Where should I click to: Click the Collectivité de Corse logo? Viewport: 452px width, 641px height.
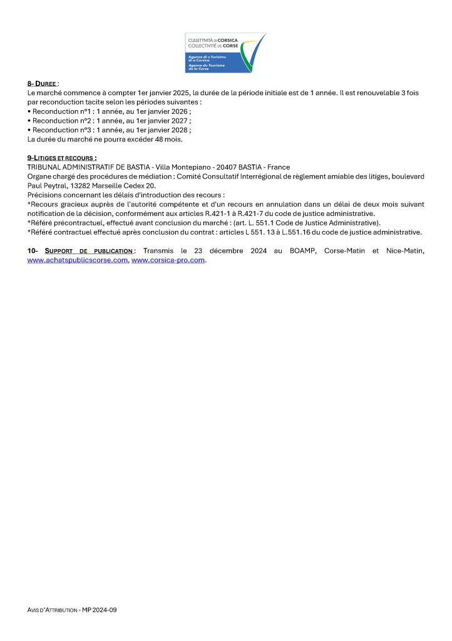225,53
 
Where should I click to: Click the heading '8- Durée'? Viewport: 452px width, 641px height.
42,83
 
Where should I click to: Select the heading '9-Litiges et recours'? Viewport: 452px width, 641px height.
62,158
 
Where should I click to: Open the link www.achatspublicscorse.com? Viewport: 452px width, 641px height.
78,260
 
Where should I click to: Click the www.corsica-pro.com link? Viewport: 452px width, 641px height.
168,260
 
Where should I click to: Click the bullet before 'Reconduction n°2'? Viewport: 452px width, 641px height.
29,121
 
